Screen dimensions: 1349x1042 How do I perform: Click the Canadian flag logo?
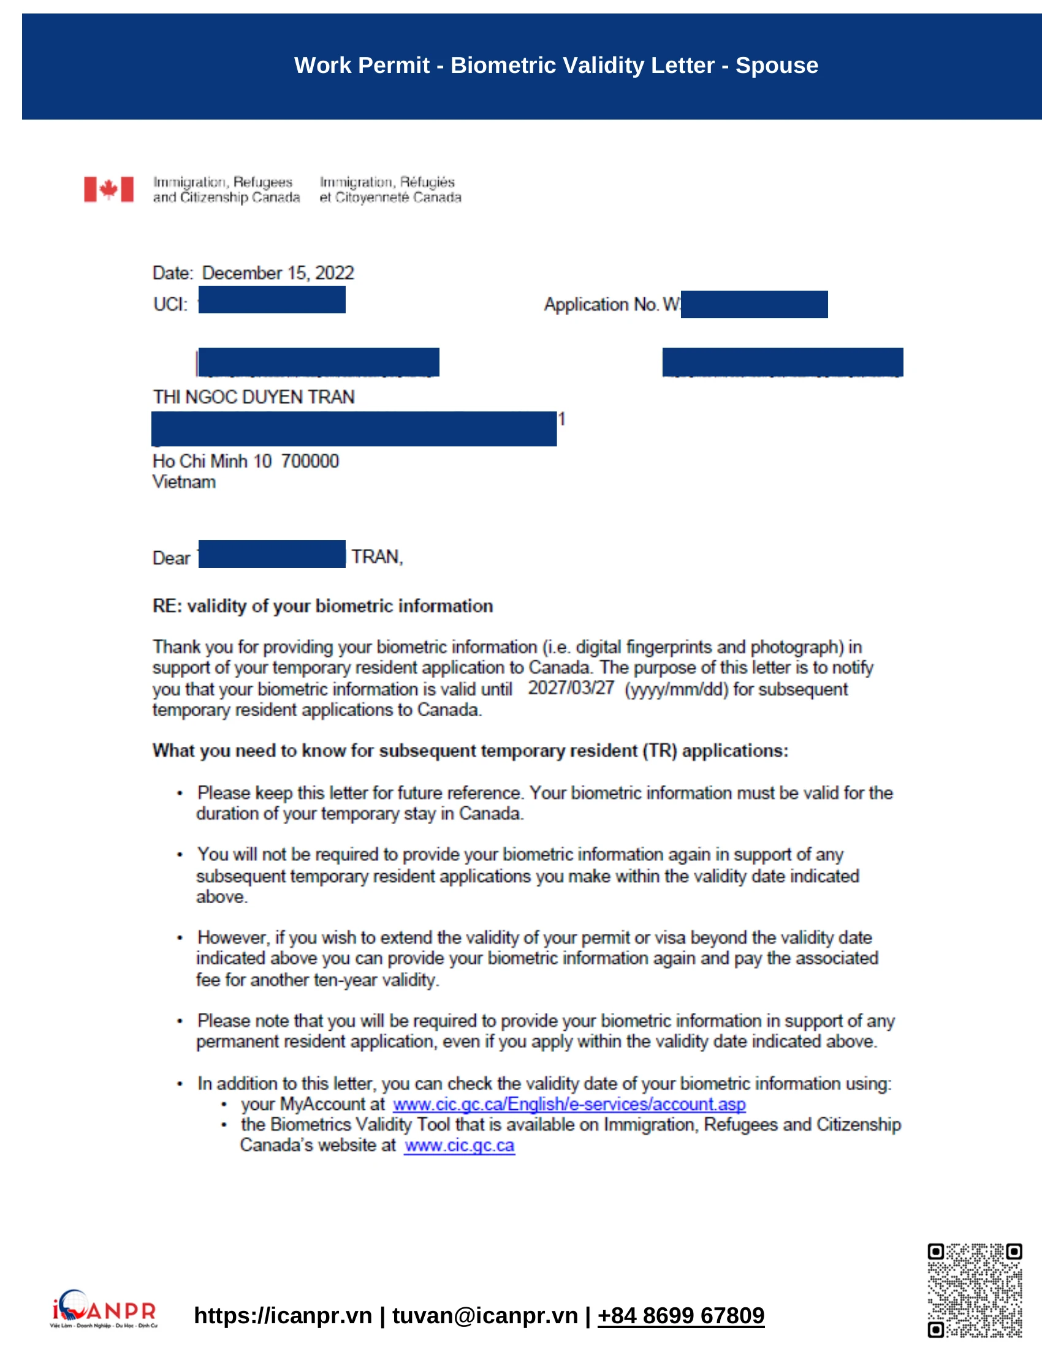[108, 189]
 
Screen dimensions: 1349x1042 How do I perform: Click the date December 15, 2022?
[278, 273]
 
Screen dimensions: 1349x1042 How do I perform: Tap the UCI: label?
[170, 304]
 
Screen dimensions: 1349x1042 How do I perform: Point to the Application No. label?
[601, 304]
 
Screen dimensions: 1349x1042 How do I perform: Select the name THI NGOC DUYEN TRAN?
[254, 397]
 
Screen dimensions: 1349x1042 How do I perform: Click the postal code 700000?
[310, 460]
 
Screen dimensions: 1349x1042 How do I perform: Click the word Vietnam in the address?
[184, 482]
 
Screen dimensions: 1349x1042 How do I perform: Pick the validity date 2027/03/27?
[571, 687]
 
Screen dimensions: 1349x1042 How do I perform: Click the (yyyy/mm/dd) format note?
[677, 689]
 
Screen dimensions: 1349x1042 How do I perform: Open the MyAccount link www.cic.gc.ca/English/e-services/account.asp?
[569, 1104]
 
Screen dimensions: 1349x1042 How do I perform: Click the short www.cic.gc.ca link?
[459, 1145]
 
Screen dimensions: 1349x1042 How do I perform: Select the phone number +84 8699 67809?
[680, 1316]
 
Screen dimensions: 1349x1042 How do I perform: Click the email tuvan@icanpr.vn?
[485, 1316]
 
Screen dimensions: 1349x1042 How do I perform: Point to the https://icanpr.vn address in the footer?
[283, 1316]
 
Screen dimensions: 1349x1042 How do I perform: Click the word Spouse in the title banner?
[776, 66]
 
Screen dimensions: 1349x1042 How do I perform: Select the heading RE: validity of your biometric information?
[322, 606]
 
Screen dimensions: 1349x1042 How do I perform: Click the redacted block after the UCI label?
[272, 300]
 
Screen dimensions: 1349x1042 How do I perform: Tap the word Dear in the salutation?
[171, 558]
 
